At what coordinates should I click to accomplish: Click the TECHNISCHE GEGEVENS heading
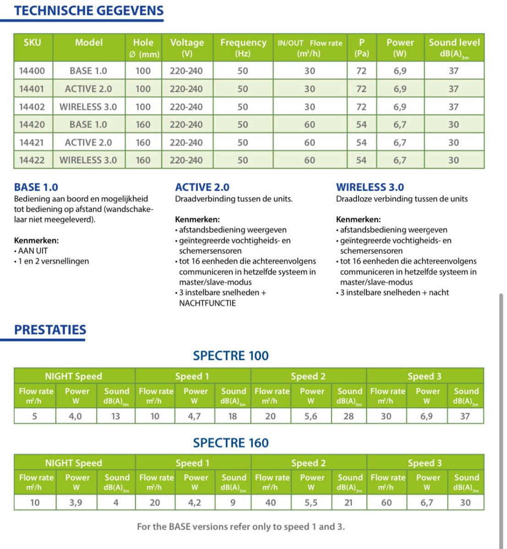coord(88,11)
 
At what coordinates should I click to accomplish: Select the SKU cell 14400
coord(32,71)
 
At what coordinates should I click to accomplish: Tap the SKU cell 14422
coord(32,160)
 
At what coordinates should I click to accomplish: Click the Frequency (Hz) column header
coord(243,47)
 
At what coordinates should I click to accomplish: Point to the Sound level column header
coord(454,47)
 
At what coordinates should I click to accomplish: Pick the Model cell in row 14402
coord(88,107)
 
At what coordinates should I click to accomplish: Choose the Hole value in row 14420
coord(143,124)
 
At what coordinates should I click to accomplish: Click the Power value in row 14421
coord(400,142)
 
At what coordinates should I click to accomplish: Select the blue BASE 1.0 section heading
coord(36,187)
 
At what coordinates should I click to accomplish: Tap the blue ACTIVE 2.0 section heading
coord(202,187)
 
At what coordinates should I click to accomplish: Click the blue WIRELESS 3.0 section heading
coord(370,187)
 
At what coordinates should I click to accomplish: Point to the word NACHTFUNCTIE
coord(207,303)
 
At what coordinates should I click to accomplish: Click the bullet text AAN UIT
coord(33,251)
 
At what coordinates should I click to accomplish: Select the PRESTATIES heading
coord(50,330)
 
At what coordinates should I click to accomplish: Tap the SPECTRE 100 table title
coord(231,355)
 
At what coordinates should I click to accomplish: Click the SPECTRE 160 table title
coord(231,443)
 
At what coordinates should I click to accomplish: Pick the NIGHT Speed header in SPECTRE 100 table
coord(73,376)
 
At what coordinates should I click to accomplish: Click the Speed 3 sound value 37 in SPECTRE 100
coord(465,416)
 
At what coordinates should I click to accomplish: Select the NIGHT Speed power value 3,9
coord(76,502)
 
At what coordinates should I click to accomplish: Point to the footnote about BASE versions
coord(241,527)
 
